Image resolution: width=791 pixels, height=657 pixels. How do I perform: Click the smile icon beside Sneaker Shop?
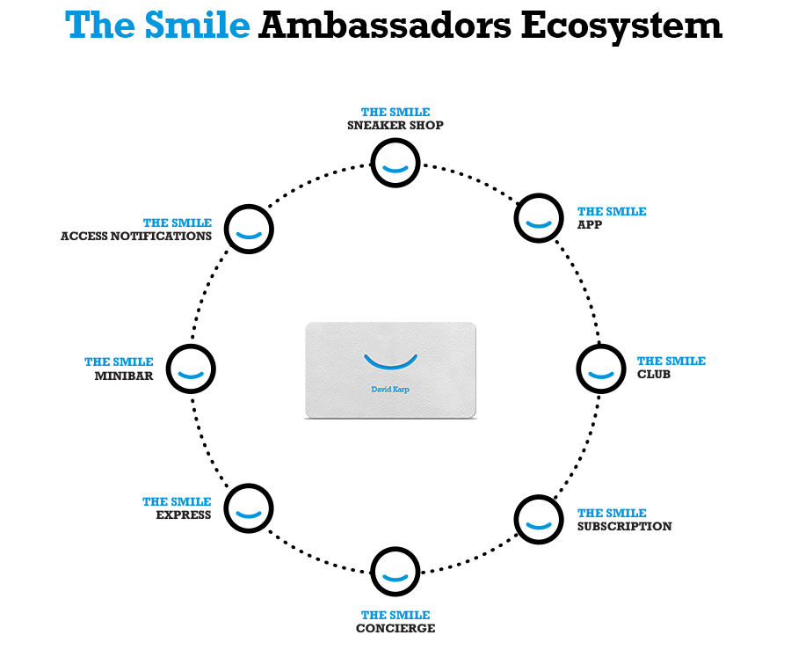click(395, 162)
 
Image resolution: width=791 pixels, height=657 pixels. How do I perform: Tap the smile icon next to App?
click(539, 219)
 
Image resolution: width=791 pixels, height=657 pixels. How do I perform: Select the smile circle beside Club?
click(600, 369)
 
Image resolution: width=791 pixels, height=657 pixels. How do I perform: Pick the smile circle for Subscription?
click(539, 519)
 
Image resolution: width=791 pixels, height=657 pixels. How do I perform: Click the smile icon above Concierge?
click(395, 573)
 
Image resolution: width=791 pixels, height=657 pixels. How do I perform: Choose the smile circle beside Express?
click(250, 507)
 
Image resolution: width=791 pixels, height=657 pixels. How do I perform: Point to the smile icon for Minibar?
click(191, 369)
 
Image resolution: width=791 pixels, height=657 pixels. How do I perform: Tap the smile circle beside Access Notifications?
click(250, 230)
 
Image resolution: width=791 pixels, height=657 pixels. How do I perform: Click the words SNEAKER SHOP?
click(395, 126)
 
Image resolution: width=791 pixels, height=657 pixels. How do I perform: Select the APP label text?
click(589, 225)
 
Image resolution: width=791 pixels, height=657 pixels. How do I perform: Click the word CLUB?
click(654, 375)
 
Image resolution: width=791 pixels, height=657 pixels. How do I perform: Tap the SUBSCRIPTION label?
click(625, 527)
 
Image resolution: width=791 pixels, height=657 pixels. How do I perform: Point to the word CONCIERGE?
click(395, 629)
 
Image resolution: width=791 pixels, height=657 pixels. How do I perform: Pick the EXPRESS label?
click(184, 515)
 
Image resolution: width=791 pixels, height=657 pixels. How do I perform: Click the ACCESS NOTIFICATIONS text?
click(136, 237)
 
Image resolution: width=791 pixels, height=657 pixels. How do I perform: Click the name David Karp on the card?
click(391, 387)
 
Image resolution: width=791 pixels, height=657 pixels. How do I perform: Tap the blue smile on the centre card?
click(391, 361)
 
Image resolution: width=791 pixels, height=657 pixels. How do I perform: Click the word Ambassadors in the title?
click(383, 26)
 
